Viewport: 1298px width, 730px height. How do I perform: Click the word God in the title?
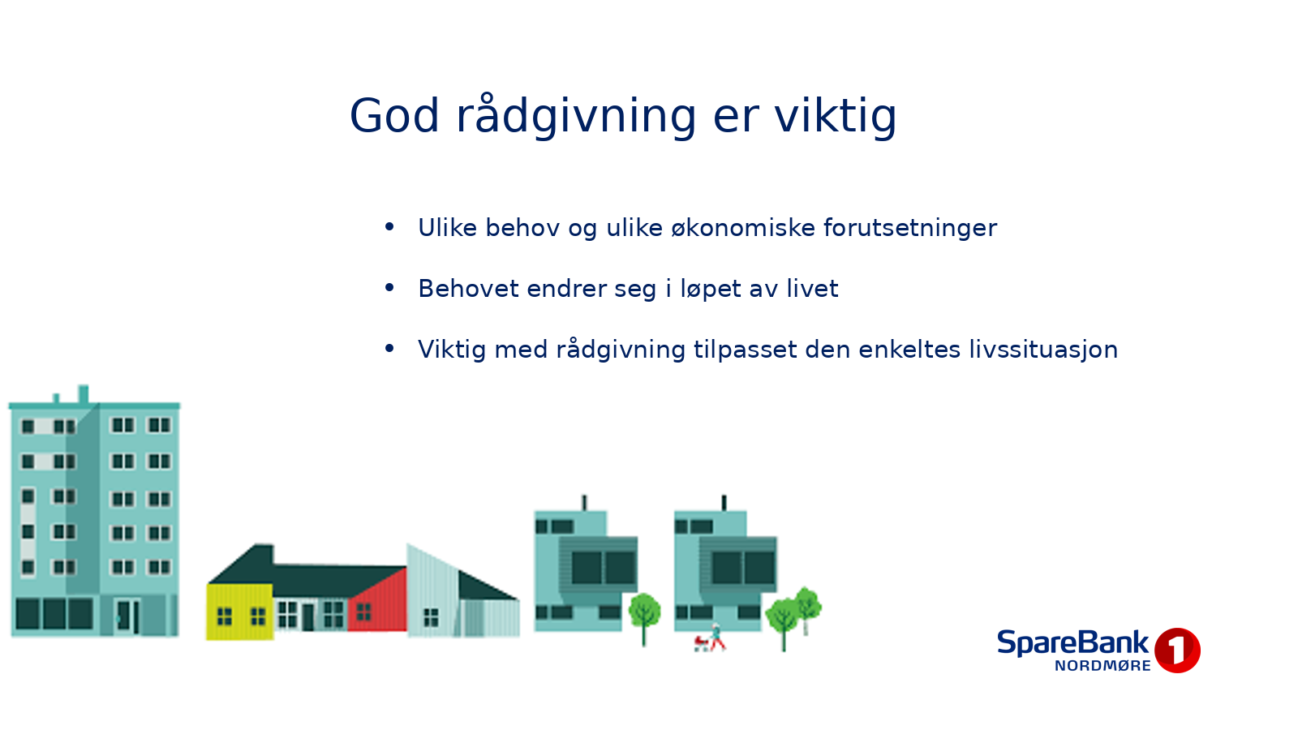(x=394, y=116)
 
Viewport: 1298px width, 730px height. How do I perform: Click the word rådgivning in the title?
(x=576, y=117)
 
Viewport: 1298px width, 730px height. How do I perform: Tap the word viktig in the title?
(x=836, y=117)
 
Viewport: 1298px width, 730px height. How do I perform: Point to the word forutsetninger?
(x=910, y=229)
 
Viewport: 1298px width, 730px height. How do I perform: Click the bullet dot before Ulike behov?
(x=389, y=226)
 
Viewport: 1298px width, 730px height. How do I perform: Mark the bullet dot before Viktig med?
(x=389, y=348)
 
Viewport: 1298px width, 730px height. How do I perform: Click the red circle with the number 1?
(x=1177, y=650)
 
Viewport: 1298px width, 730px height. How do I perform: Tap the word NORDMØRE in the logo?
(x=1102, y=666)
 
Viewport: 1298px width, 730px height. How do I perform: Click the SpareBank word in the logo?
(x=1072, y=643)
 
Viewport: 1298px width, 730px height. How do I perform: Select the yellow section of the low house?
(x=239, y=612)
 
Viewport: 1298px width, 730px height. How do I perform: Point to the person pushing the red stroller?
(x=717, y=638)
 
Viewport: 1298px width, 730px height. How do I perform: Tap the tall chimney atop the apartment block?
(x=84, y=394)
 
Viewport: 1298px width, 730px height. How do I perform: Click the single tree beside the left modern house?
(x=644, y=617)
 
